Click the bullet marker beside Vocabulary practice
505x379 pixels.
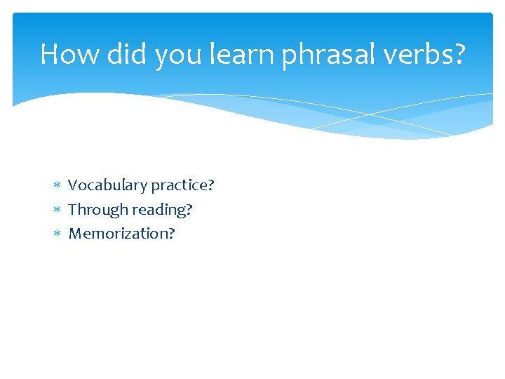(58, 186)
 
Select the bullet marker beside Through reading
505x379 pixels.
(58, 210)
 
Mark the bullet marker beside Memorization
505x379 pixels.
(58, 234)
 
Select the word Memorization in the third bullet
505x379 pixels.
(118, 234)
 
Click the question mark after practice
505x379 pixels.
(210, 186)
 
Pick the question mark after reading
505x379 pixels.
(189, 210)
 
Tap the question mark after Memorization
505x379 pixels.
(171, 234)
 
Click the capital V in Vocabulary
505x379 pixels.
(72, 186)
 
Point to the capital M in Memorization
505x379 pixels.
(74, 234)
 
